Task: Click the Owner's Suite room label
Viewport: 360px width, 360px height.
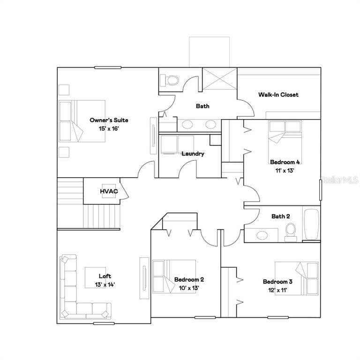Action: pos(109,120)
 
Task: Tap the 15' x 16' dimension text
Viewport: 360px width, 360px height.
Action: pos(109,128)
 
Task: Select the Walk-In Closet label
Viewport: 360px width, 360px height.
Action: pos(278,95)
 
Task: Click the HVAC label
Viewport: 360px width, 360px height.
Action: pos(109,191)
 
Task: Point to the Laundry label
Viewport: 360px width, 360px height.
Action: pos(193,154)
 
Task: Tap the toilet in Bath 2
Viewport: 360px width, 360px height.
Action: pos(291,232)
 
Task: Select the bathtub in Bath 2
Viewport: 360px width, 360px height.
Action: pos(311,224)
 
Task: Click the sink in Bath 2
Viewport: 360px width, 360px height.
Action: pos(262,235)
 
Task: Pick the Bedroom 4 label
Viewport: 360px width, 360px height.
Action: pos(285,162)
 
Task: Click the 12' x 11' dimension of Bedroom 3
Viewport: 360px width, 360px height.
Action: pos(278,290)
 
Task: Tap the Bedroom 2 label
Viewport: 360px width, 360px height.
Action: pos(189,279)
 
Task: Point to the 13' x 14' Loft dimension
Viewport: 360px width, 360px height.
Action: pos(105,285)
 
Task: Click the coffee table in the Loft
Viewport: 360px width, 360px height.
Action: pos(96,277)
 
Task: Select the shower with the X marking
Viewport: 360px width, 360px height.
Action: pos(219,79)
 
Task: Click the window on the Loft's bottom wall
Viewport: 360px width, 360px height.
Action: pos(104,323)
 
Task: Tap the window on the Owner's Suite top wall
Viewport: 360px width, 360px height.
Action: pos(108,67)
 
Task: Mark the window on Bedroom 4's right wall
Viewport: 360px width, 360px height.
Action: pos(321,190)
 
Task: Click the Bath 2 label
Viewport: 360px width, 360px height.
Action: pos(281,216)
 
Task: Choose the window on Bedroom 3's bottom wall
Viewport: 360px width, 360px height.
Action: pos(278,317)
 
